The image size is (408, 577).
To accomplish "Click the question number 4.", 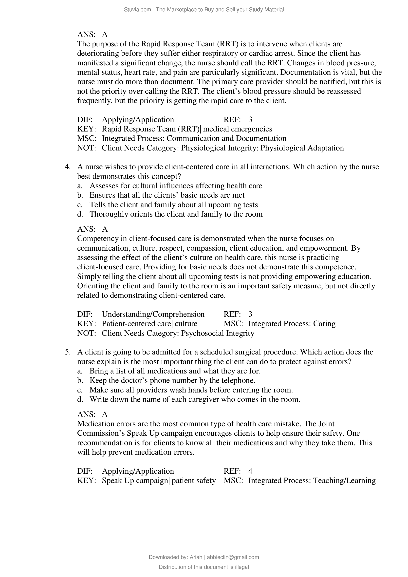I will point(67,167).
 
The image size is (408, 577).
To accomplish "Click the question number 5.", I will point(67,352).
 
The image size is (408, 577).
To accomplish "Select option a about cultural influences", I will point(176,186).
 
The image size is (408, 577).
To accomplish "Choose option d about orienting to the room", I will point(176,214).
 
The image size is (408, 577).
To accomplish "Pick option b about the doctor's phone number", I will point(172,380).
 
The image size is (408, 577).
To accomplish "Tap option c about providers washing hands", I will point(191,390).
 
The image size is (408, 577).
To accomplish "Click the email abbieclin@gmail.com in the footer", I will point(233,557).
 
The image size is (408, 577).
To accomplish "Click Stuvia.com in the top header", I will point(137,10).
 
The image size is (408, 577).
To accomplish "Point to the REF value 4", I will point(250,471).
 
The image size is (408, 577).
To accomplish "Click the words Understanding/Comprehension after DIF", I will point(153,314).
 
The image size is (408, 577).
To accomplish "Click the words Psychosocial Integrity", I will point(218,333).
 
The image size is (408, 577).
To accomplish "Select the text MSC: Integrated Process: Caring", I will point(279,324).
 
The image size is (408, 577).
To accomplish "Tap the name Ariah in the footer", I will point(196,557).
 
